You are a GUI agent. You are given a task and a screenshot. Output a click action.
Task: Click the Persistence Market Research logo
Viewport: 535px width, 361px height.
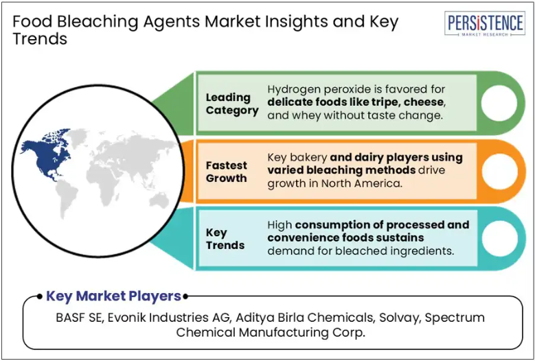point(484,23)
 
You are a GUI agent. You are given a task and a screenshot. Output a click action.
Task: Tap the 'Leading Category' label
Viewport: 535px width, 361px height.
point(232,104)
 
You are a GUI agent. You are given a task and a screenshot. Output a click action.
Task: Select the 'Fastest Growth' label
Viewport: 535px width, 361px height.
point(226,172)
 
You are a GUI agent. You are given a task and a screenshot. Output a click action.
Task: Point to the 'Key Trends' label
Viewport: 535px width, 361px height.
point(225,239)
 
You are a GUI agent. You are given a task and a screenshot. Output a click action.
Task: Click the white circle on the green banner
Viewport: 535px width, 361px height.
point(499,103)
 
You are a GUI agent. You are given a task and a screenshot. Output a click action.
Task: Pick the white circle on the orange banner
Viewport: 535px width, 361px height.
point(499,172)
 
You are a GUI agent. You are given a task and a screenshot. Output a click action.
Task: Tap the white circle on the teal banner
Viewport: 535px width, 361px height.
point(499,238)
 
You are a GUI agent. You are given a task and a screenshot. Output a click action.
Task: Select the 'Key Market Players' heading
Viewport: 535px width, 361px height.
point(113,296)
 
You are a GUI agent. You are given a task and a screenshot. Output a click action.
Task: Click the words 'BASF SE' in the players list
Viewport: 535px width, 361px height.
point(80,317)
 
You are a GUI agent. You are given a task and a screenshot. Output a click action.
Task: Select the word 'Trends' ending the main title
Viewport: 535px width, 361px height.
point(40,39)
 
